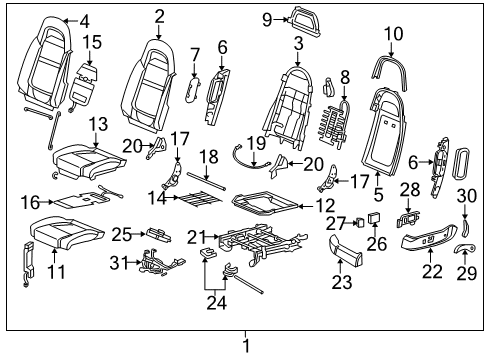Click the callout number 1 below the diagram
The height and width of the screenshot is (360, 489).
(245, 346)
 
